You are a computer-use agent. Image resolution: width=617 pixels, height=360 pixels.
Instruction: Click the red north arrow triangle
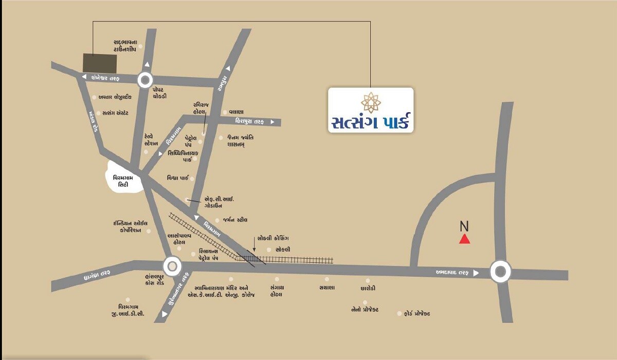point(464,239)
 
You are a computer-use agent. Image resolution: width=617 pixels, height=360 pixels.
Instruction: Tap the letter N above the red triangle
point(464,226)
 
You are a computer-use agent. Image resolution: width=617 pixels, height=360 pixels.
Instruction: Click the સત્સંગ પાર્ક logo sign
point(371,110)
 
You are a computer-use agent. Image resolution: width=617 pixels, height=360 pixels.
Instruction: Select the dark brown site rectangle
point(100,63)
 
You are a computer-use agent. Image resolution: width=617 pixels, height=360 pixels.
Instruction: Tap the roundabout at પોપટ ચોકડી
point(146,80)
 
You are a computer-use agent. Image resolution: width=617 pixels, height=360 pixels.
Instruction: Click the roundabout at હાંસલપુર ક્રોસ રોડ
point(172,266)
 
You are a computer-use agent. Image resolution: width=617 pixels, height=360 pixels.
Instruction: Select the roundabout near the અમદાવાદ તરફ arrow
point(500,272)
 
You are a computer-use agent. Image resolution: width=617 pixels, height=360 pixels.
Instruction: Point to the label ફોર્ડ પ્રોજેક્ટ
point(416,313)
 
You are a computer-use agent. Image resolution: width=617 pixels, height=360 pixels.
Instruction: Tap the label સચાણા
point(326,287)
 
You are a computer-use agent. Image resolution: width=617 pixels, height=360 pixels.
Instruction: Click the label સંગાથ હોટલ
point(276,291)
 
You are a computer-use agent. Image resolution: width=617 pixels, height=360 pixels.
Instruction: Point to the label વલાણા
point(236,112)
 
